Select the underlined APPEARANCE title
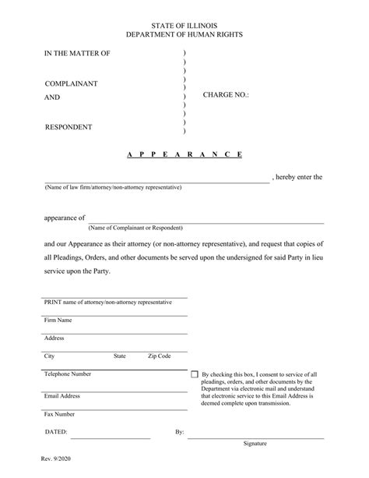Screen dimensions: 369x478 click(184, 154)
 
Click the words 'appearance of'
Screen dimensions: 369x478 click(65, 218)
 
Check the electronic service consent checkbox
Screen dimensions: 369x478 click(194, 375)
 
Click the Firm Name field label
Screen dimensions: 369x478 click(58, 320)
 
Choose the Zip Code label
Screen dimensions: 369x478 click(159, 356)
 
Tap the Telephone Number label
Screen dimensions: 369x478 click(68, 374)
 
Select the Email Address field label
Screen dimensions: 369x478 click(62, 396)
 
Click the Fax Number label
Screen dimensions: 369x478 click(60, 414)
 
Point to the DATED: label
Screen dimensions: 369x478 click(56, 431)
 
